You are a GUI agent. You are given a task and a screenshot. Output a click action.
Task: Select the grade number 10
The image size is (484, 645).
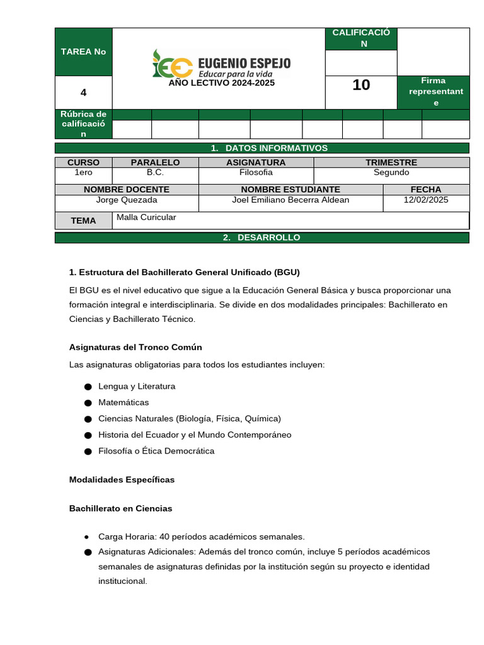[361, 85]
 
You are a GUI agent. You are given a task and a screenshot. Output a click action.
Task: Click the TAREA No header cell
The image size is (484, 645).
[83, 52]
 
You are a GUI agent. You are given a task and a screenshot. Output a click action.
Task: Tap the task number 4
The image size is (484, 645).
[83, 93]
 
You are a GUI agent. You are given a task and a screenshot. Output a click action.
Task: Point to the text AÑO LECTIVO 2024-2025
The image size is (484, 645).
[221, 83]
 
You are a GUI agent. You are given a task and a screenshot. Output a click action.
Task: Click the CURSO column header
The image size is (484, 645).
[83, 163]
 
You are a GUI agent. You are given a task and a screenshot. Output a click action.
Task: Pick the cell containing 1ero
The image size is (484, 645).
[83, 173]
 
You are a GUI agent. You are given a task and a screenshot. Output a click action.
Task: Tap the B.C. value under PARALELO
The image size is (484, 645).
[155, 173]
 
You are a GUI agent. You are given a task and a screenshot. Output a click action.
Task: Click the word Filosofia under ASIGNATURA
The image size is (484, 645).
[256, 173]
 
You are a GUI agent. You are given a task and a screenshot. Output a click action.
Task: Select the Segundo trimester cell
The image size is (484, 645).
[391, 173]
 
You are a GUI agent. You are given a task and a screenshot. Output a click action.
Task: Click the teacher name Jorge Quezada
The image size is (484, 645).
[126, 200]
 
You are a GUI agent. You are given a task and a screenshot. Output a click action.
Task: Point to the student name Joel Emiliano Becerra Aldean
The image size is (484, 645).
[291, 200]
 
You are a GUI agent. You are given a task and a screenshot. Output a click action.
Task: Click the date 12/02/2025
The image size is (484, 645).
[425, 200]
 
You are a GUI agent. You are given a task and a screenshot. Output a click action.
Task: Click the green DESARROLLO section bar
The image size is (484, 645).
[262, 237]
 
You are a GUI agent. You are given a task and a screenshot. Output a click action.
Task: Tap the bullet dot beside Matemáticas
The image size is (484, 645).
[87, 402]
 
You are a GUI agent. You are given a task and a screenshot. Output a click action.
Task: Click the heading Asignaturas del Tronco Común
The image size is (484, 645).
[135, 348]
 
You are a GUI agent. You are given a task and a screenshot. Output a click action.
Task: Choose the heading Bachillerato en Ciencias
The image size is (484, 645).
[120, 508]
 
